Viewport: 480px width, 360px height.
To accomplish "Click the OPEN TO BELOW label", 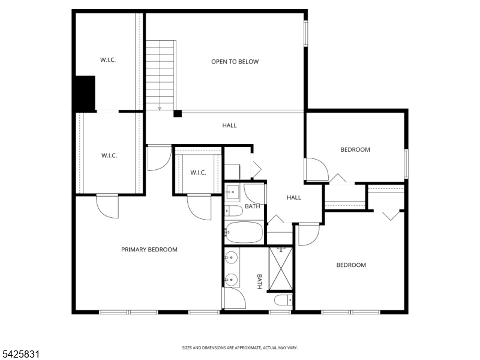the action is (235, 62).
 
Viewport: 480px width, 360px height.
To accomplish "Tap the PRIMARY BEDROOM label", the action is (149, 250).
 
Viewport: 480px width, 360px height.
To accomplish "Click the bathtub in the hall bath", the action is (244, 232).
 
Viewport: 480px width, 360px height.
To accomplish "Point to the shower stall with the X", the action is (281, 269).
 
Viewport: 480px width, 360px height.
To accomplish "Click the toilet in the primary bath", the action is (283, 300).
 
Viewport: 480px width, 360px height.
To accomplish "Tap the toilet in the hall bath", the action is (233, 211).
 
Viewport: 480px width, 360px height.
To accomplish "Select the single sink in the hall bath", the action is (232, 192).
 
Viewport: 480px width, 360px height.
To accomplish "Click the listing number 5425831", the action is (20, 354).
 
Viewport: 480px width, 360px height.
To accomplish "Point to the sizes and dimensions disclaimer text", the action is (239, 348).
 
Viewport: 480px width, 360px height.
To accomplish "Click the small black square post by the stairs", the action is (178, 113).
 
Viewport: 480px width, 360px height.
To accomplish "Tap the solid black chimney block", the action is (85, 93).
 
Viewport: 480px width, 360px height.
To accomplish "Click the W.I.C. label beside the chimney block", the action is (108, 59).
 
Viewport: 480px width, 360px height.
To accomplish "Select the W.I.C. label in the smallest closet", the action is (198, 172).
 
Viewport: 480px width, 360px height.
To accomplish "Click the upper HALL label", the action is (229, 125).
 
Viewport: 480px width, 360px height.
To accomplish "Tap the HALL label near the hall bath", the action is (294, 197).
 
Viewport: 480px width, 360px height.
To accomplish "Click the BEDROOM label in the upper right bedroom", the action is (355, 149).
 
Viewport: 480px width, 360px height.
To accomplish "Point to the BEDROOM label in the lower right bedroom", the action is (351, 265).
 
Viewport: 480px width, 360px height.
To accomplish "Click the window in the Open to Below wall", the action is (305, 34).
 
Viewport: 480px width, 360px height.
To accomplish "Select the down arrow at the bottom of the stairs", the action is (160, 108).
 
